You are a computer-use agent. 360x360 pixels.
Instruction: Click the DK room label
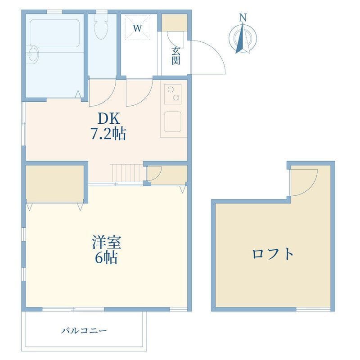tap(109, 119)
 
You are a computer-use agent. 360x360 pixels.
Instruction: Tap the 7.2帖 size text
tap(108, 134)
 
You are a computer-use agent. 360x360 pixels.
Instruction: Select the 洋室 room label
tap(107, 243)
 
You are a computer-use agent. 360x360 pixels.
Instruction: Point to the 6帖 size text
tap(107, 257)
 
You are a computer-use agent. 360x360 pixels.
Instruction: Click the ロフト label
tap(273, 254)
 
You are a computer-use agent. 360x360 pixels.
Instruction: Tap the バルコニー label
tap(84, 331)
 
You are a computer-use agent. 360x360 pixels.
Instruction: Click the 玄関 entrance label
tap(175, 56)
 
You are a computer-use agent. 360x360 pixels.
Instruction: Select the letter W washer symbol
tap(138, 28)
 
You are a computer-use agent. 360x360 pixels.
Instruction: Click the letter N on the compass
tap(243, 18)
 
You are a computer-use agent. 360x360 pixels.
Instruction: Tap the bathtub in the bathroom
tap(55, 33)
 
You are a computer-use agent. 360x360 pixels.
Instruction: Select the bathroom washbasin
tap(33, 54)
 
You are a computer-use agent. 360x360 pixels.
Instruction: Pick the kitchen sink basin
tap(173, 121)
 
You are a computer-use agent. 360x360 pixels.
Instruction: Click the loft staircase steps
tap(127, 173)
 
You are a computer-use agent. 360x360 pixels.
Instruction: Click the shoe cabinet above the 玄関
tap(175, 22)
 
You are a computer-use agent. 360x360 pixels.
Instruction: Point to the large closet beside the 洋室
tap(54, 184)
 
